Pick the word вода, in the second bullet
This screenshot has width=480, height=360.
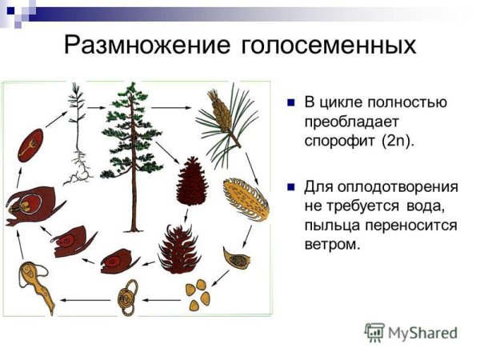(x=435, y=206)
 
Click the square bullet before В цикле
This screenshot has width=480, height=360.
(x=290, y=103)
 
